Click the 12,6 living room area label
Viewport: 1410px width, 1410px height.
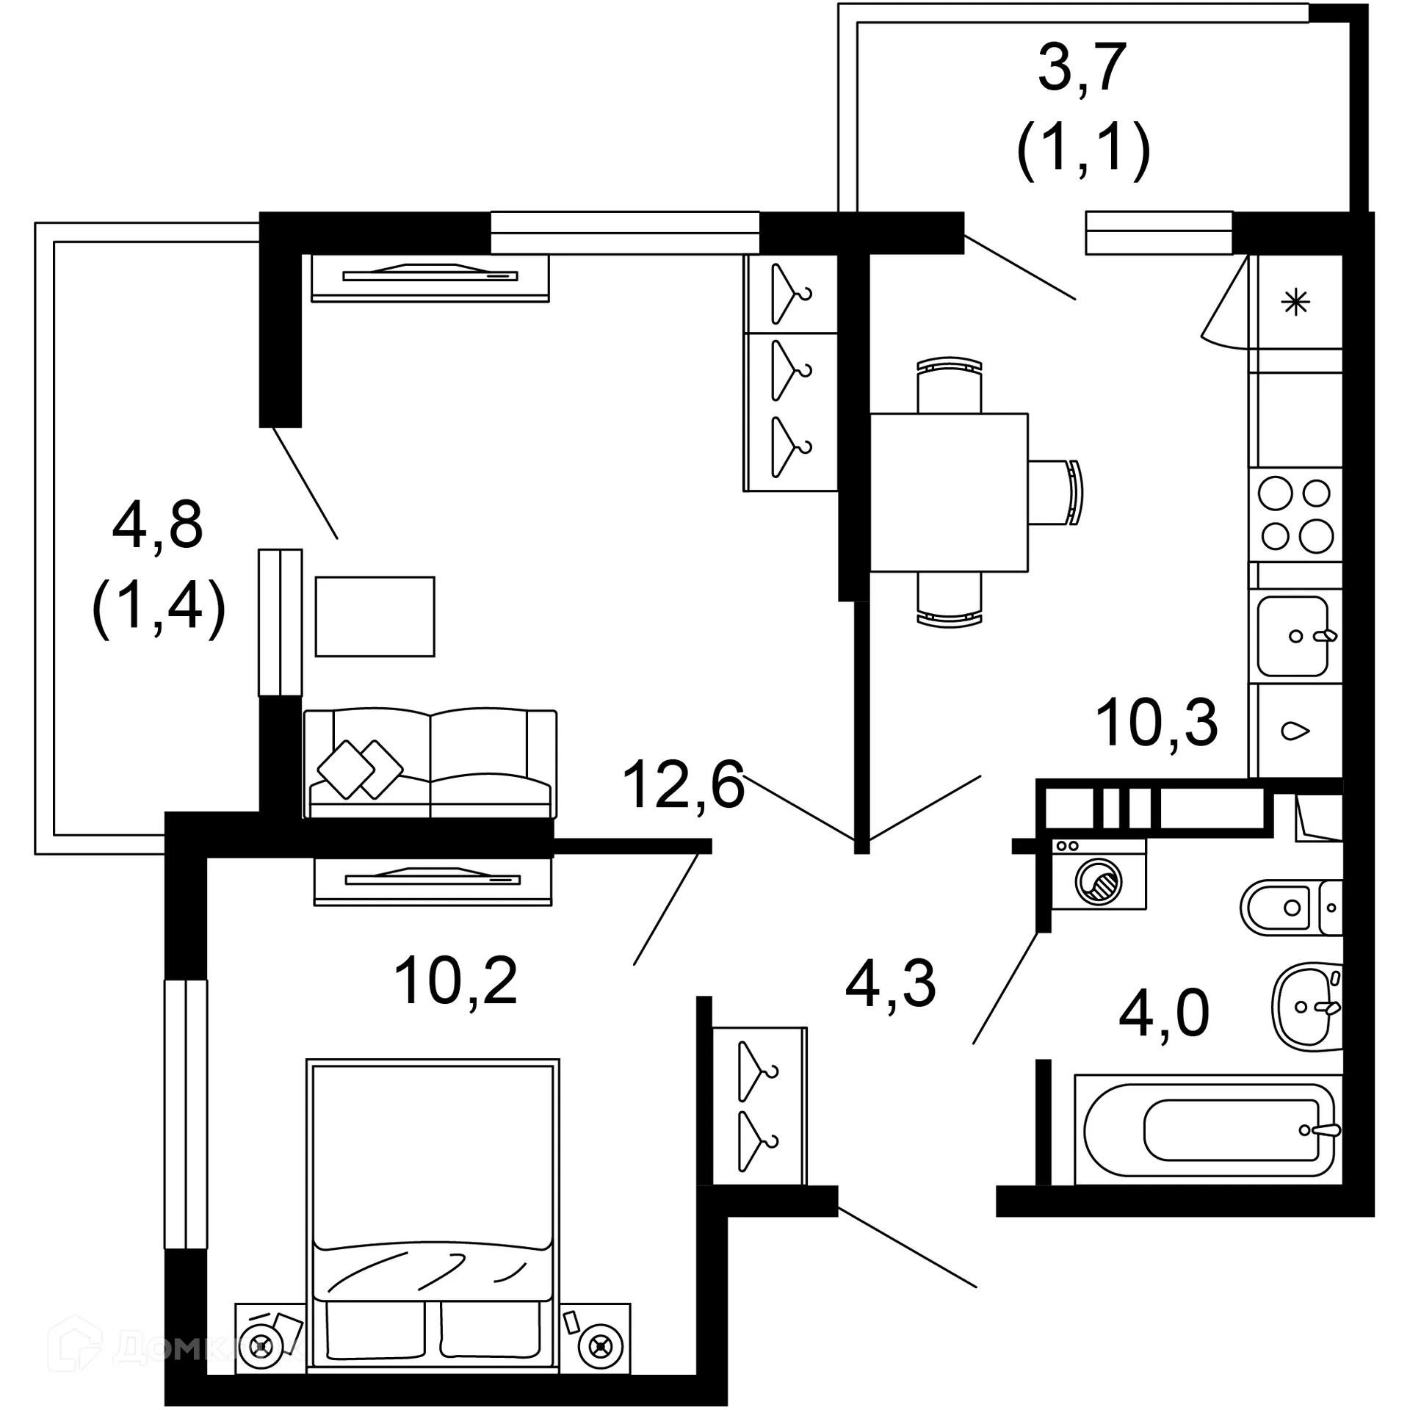(683, 784)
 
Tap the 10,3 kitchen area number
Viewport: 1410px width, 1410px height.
(1156, 723)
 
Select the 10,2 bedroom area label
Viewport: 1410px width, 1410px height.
(455, 981)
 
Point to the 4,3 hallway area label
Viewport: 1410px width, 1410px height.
(890, 984)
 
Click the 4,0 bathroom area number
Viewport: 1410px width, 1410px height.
(1164, 1013)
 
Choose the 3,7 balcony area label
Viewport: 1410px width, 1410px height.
(1082, 68)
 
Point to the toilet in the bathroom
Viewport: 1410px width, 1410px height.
(1292, 908)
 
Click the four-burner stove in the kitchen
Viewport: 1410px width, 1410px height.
(1295, 515)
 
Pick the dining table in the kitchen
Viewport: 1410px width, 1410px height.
(949, 492)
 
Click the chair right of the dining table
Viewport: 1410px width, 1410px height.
(1056, 492)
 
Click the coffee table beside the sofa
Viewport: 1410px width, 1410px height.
(375, 616)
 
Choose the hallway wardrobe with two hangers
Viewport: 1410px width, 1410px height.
(760, 1105)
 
